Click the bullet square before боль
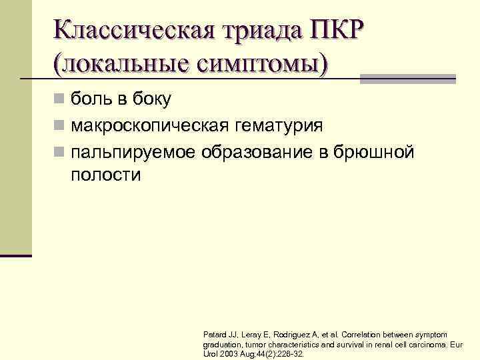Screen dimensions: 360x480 pyautogui.click(x=59, y=100)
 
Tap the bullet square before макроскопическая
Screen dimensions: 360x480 pyautogui.click(x=59, y=126)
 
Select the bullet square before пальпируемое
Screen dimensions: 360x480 pyautogui.click(x=59, y=152)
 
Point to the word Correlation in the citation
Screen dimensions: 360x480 pyautogui.click(x=367, y=333)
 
